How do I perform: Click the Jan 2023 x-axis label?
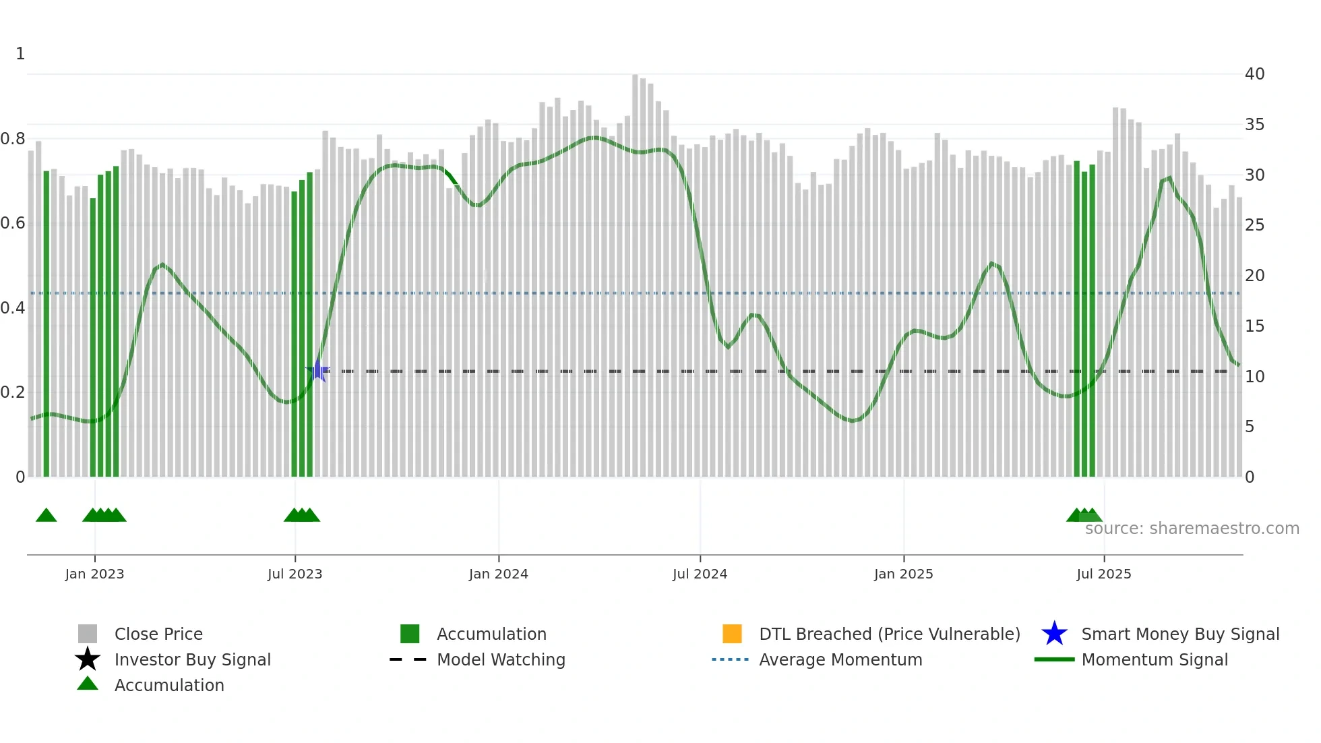94,574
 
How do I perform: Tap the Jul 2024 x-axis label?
700,574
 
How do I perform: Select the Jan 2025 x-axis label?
903,574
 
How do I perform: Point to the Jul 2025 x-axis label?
1103,574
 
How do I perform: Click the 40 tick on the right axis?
1254,74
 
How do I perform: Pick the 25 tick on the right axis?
1254,225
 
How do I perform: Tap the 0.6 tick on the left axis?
13,223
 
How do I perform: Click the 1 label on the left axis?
20,54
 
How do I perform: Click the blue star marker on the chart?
318,371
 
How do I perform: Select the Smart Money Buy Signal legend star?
1054,634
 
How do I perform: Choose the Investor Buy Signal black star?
88,659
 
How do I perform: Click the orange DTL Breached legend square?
732,634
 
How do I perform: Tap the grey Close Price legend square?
88,634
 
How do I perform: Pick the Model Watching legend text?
501,659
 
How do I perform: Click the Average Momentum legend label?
840,659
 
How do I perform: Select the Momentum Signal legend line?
1054,659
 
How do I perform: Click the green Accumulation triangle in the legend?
88,684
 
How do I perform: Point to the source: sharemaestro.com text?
1192,529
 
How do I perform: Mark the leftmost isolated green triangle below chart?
46,516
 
